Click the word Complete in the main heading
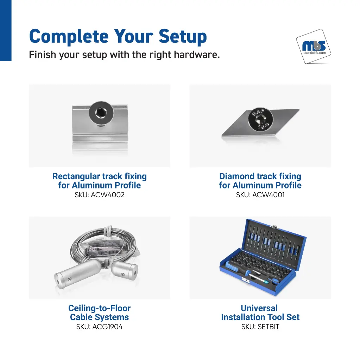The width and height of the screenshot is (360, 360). tap(69, 37)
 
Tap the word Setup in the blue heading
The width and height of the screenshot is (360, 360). tap(183, 37)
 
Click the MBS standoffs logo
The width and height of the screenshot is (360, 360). tap(314, 46)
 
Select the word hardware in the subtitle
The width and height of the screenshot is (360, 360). tap(197, 54)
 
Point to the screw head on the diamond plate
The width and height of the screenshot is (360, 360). tap(260, 119)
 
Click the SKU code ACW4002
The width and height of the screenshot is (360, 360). tap(108, 195)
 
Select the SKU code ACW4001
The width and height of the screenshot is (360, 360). tap(269, 195)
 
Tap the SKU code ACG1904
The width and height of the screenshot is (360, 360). tap(108, 327)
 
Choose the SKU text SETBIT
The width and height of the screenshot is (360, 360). tap(268, 327)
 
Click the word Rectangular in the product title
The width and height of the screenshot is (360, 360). tap(76, 176)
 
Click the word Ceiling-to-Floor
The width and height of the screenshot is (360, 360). tap(99, 308)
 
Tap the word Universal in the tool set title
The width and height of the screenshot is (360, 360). tap(259, 308)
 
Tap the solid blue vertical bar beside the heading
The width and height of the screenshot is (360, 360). tap(6, 31)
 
